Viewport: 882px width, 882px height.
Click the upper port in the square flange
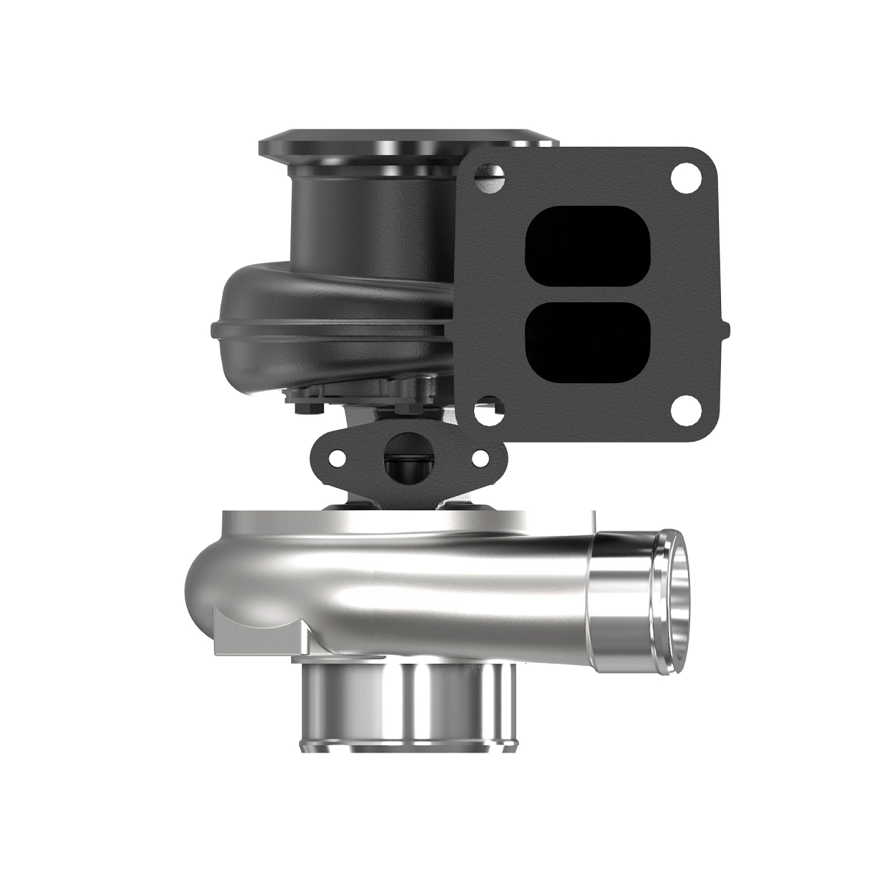(589, 246)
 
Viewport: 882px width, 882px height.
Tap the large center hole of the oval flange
(409, 457)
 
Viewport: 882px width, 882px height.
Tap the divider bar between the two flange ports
(589, 293)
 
